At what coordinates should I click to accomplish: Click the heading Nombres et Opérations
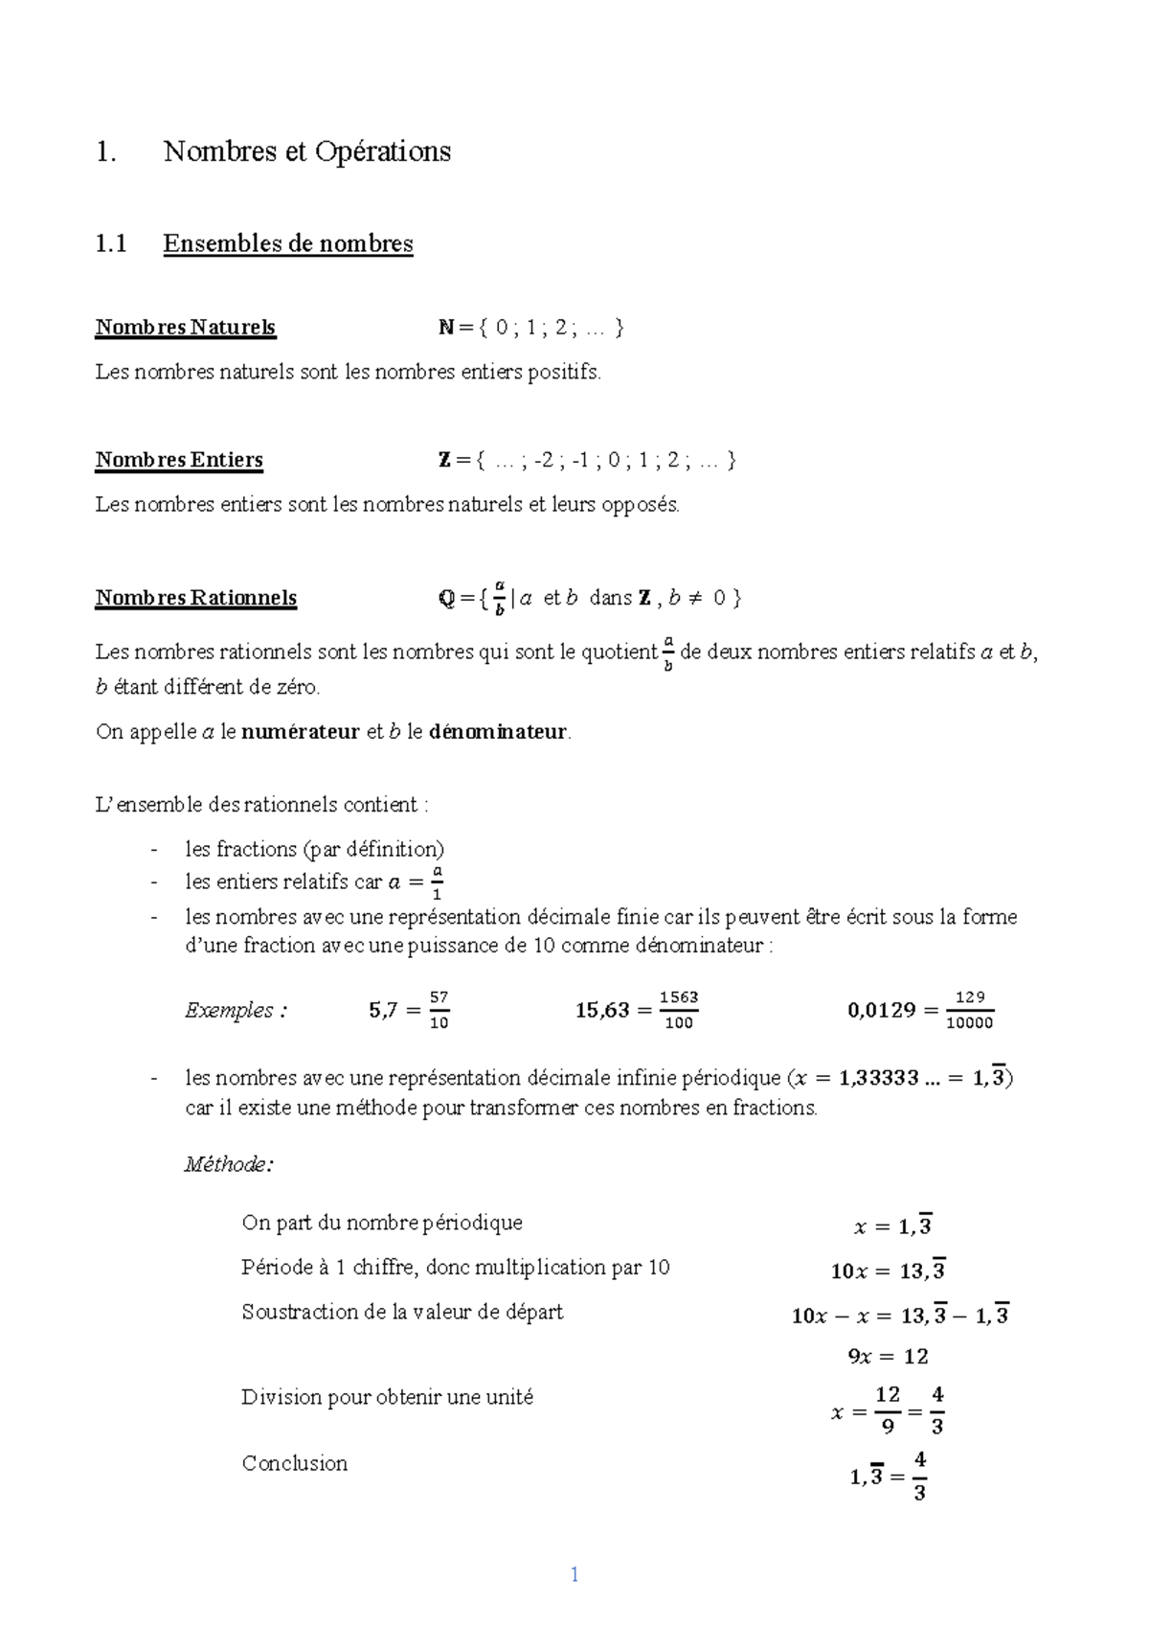click(306, 151)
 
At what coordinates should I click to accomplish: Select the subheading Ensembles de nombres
click(288, 243)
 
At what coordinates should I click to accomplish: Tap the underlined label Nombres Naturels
click(185, 328)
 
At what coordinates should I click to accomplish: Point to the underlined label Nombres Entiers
click(179, 460)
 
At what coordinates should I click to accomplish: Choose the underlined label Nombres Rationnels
click(196, 598)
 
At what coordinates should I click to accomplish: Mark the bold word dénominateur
click(498, 733)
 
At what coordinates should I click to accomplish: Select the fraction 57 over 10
click(439, 1010)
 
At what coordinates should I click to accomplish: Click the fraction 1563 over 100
click(678, 1010)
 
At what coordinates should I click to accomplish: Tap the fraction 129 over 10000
click(969, 1010)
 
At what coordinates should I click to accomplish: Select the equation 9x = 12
click(888, 1357)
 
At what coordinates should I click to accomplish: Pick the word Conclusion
click(295, 1463)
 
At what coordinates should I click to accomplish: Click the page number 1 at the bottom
click(574, 1574)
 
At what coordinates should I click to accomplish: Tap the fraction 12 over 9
click(888, 1409)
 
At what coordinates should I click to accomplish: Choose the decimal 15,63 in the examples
click(602, 1010)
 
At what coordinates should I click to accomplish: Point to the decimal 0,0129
click(882, 1010)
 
